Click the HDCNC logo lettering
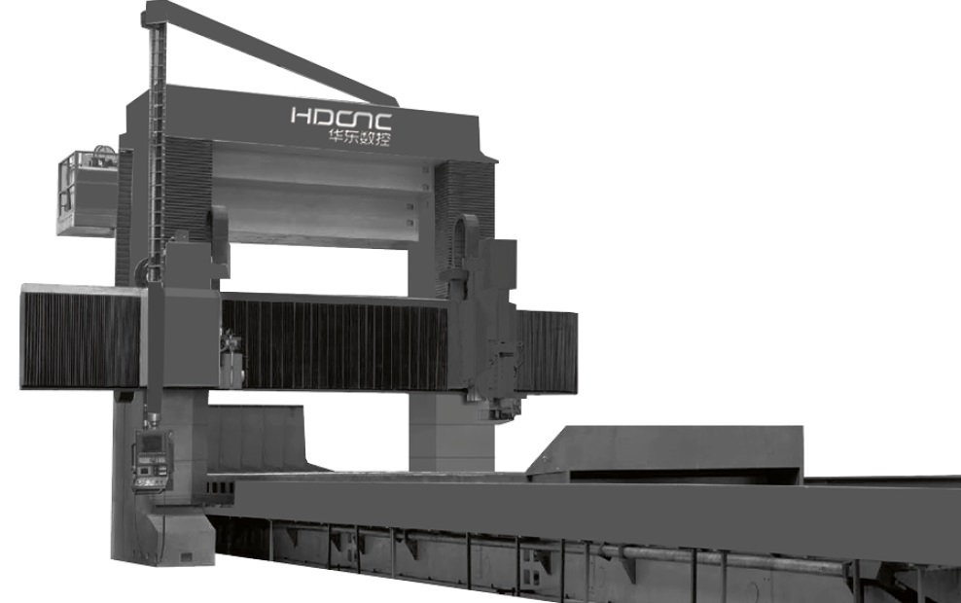point(340,117)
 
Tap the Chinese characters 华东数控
point(359,137)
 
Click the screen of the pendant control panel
point(151,442)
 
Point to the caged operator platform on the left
point(87,192)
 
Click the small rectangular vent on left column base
point(186,557)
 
